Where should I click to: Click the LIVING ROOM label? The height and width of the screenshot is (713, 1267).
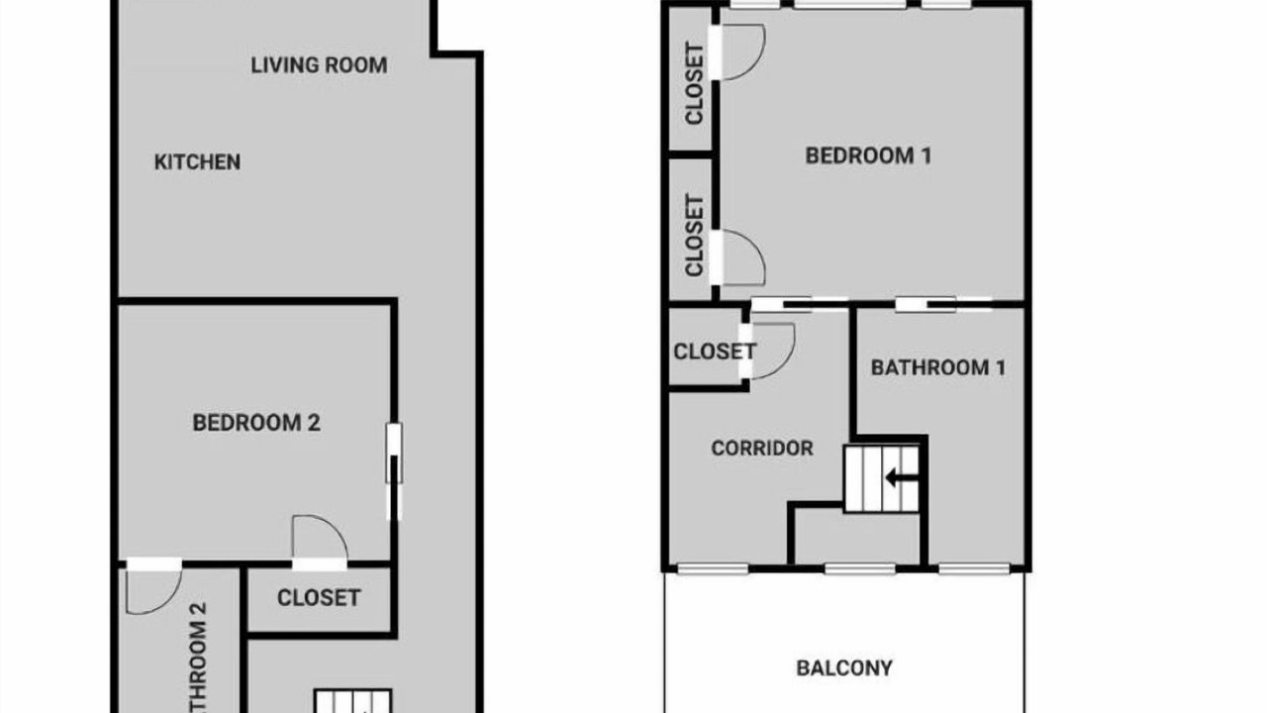(319, 65)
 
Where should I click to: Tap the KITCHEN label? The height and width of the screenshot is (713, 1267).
(197, 162)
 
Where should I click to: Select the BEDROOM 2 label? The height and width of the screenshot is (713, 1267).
(256, 423)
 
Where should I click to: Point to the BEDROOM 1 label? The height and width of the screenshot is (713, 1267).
(868, 155)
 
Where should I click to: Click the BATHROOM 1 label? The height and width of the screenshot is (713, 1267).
(938, 367)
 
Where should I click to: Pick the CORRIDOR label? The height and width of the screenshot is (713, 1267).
(762, 449)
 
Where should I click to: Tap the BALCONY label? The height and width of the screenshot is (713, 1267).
(844, 668)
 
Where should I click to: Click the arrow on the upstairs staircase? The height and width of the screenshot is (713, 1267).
(902, 478)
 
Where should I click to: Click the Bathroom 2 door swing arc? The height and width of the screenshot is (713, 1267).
(153, 592)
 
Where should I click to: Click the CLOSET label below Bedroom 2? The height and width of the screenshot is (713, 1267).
(319, 598)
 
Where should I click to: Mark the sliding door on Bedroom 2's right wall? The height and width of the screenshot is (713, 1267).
(394, 471)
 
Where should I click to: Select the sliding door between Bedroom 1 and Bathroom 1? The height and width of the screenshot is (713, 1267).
(944, 305)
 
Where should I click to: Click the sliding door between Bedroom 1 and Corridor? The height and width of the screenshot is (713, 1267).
(799, 305)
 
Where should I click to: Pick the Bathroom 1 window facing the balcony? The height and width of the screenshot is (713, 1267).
(975, 568)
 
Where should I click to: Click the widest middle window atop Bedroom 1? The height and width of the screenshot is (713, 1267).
(850, 5)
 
